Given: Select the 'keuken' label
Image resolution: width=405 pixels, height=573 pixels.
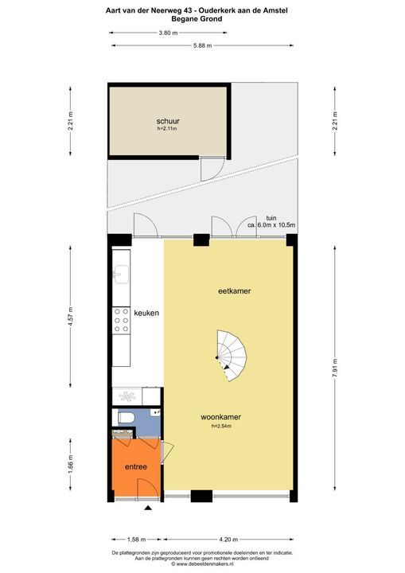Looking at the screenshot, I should [147, 314].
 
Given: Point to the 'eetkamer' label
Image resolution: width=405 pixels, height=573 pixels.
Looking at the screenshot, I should [235, 292].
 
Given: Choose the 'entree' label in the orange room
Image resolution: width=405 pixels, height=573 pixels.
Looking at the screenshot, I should [135, 467].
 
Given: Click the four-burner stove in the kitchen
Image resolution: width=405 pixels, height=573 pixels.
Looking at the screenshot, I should [123, 318].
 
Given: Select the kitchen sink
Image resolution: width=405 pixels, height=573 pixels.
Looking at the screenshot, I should [121, 276].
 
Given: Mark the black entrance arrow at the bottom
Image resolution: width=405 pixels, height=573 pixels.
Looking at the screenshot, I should [147, 508].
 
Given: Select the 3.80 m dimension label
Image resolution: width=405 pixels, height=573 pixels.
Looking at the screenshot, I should [168, 33].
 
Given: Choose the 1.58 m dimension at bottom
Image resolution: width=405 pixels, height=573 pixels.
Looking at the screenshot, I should [134, 537].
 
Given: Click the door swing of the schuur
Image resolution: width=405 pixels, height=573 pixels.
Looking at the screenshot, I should [208, 170].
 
